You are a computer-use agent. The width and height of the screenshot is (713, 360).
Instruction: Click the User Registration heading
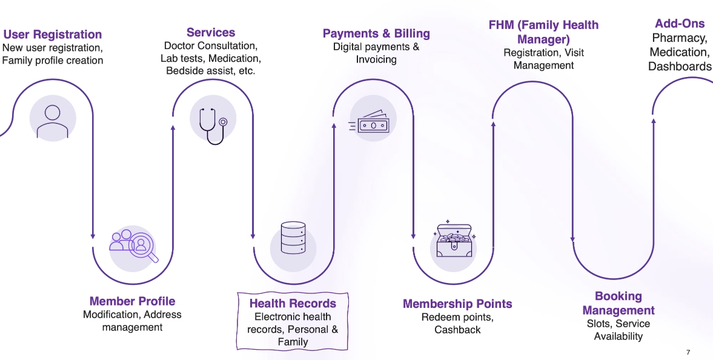point(53,35)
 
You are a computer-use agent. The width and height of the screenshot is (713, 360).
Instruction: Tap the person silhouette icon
point(53,119)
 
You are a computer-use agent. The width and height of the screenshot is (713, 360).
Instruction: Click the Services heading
point(211,33)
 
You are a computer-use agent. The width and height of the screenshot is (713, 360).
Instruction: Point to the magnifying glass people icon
point(134,244)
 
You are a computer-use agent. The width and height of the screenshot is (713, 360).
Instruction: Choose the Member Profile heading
point(132,301)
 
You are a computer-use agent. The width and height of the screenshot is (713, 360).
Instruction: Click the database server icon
point(293,238)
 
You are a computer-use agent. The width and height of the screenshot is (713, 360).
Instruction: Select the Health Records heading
point(293,304)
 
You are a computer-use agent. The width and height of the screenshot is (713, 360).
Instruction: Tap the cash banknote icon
point(372,124)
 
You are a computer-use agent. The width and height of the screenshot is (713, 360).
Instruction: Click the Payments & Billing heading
point(376,33)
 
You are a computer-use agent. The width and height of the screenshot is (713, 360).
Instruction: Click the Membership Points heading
point(457,304)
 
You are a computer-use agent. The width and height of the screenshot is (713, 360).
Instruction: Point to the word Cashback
point(457,330)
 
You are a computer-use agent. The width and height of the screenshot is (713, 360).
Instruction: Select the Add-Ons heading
point(680,24)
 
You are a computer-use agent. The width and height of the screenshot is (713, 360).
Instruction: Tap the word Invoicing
point(376,59)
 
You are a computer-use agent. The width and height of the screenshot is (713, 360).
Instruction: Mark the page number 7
point(688,352)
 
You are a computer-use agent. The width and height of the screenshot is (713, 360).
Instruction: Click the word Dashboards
point(680,67)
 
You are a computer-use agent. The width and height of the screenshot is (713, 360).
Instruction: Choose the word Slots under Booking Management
point(598,324)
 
